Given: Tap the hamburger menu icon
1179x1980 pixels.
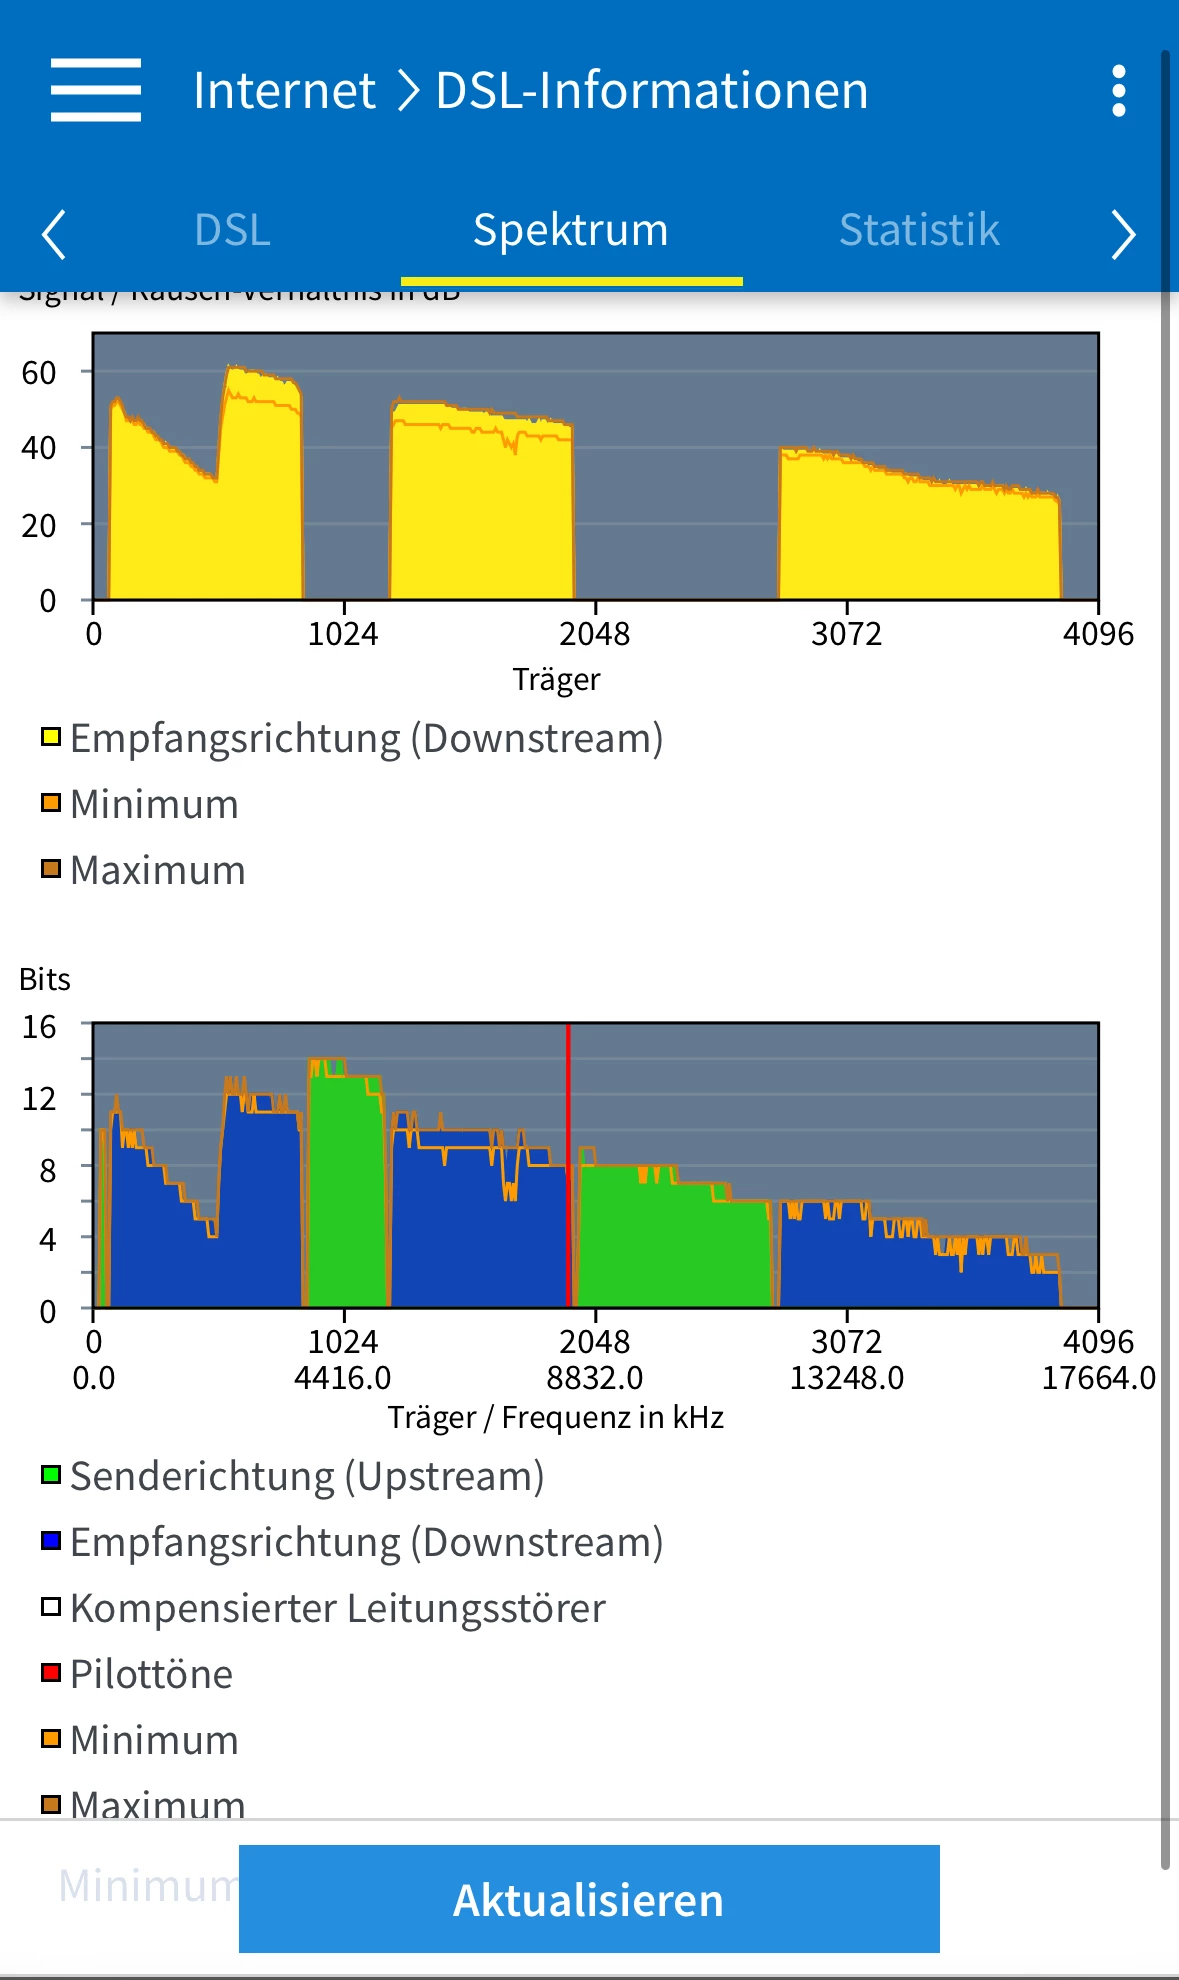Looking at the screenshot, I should click(96, 90).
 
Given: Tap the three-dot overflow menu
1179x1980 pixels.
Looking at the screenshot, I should click(1119, 91).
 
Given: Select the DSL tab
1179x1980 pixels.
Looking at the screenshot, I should click(232, 230).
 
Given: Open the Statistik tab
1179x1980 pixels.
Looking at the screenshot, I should click(919, 230).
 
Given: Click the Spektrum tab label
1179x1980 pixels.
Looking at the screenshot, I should click(570, 230).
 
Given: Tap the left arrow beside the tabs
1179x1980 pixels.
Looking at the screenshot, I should click(54, 234).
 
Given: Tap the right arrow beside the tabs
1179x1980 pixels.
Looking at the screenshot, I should click(1123, 234).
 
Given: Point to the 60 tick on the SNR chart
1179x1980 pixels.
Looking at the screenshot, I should click(39, 373).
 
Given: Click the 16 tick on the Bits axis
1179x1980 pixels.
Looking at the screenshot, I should click(39, 1027).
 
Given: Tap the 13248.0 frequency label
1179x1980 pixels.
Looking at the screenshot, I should click(846, 1378).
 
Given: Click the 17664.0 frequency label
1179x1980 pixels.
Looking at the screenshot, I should click(1098, 1378).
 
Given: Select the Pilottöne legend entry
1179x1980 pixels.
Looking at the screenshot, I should click(151, 1674).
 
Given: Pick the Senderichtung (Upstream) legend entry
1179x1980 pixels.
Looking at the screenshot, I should click(306, 1476).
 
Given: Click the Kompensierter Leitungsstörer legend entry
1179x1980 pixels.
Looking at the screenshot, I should click(337, 1608).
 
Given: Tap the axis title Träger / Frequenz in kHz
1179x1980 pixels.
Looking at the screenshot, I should click(556, 1417).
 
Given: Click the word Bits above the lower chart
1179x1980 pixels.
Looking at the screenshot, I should click(45, 979).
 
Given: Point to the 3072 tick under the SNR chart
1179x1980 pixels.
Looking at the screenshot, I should click(846, 634).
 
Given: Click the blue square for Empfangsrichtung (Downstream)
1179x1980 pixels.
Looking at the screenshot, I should click(51, 1541).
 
